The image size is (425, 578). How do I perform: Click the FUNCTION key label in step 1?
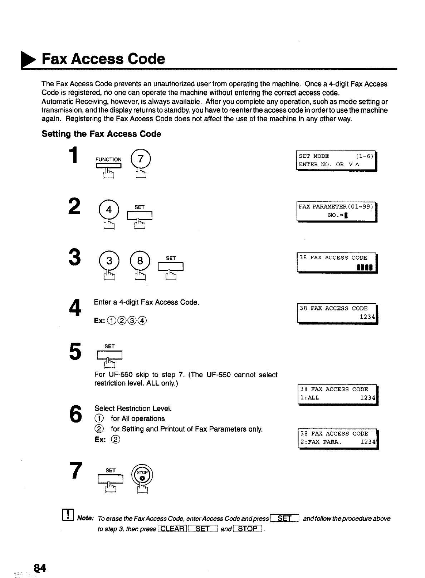(x=108, y=160)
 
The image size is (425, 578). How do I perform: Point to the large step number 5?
(x=75, y=352)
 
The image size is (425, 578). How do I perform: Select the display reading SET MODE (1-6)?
(x=336, y=160)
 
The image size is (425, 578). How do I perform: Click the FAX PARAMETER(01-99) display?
(x=336, y=211)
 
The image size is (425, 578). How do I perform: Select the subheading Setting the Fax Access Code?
(x=102, y=134)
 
